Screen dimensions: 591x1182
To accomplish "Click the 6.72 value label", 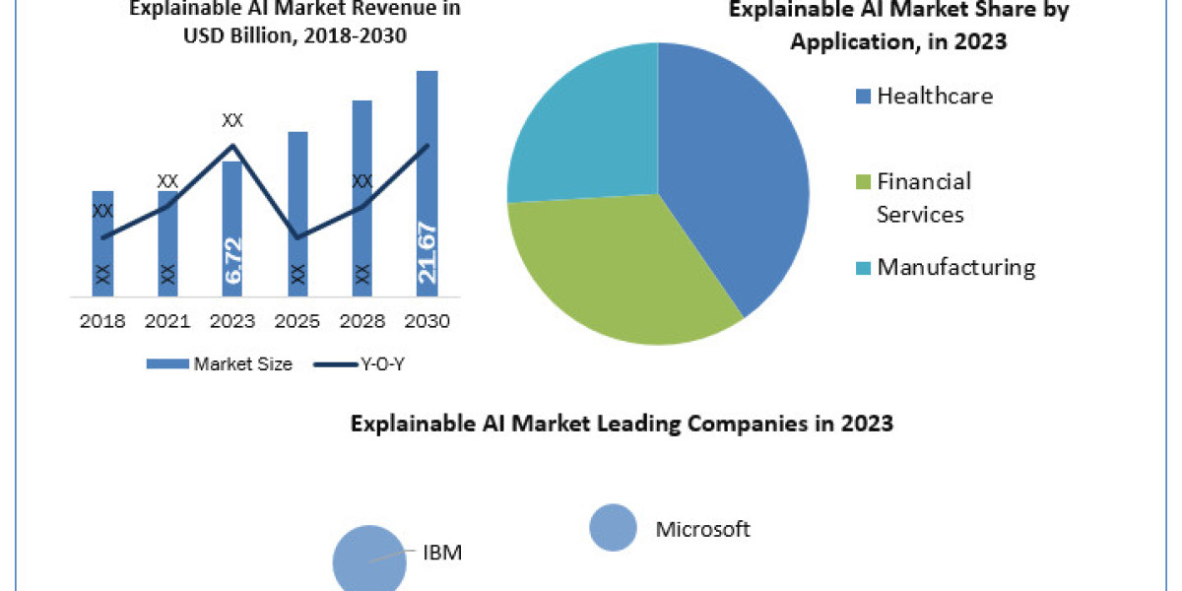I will coord(232,261).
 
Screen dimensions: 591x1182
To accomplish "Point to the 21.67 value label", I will coord(427,252).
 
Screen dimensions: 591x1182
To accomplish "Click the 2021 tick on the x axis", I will coord(167,321).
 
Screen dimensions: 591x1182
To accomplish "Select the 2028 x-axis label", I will coord(361,321).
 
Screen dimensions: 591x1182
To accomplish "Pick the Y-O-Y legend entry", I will coord(360,363).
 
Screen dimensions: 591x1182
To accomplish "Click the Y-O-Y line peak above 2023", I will coord(232,146).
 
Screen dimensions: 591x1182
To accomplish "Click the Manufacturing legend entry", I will coord(945,267).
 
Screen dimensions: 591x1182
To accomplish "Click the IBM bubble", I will coord(369,559).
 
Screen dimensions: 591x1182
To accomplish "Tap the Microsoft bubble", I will coord(614,527).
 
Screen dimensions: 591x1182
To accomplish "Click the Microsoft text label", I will coord(702,529).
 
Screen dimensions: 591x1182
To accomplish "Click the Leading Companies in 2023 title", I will coord(622,424).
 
